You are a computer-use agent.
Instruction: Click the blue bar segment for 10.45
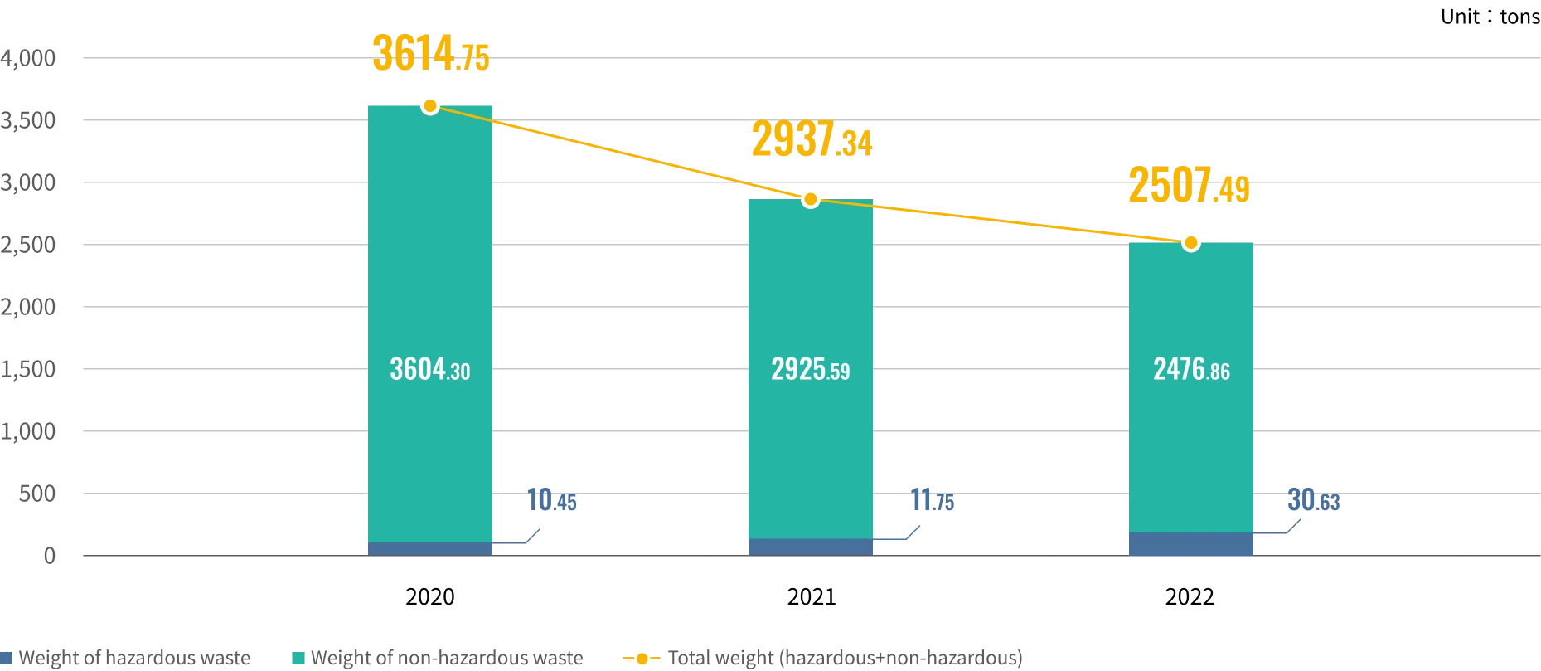pos(430,549)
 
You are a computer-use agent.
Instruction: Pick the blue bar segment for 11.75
pos(811,547)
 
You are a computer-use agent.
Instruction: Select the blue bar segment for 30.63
pos(1190,544)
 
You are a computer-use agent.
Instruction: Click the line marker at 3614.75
pos(429,105)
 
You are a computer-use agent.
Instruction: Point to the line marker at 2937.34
pos(811,199)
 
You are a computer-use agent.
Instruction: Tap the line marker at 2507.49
pos(1190,243)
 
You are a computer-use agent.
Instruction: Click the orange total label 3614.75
pos(430,55)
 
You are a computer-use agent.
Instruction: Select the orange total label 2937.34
pos(811,140)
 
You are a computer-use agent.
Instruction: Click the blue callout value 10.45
pos(552,500)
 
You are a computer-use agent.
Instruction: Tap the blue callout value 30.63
pos(1313,500)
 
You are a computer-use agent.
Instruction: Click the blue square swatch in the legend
pos(5,660)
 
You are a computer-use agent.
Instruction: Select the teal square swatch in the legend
pos(299,660)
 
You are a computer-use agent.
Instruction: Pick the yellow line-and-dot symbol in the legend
pos(640,659)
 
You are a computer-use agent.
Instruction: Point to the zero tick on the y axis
pos(51,554)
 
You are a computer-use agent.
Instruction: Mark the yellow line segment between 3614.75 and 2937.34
pos(620,153)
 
